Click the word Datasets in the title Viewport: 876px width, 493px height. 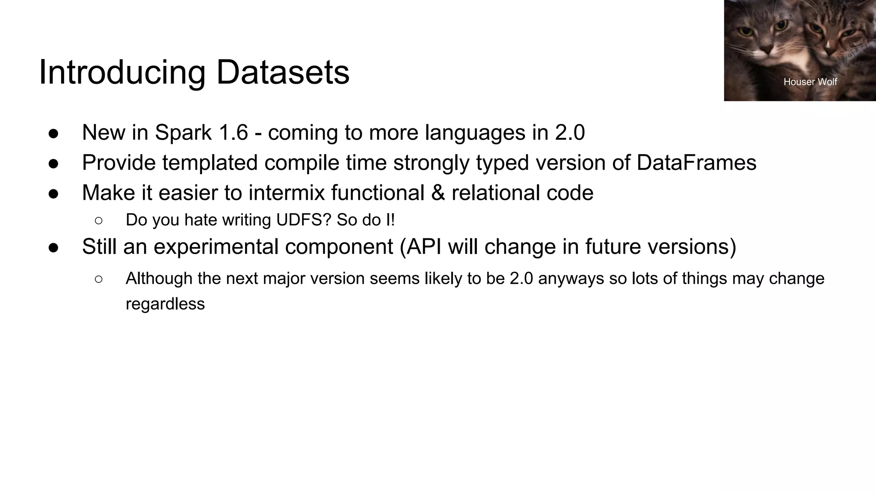click(283, 72)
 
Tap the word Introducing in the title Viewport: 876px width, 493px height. click(122, 72)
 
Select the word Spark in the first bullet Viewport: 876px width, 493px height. click(183, 132)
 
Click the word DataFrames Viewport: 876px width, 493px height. click(696, 163)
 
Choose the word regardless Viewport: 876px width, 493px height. click(165, 304)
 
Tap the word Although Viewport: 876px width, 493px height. click(159, 279)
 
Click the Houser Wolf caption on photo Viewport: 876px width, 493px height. click(810, 82)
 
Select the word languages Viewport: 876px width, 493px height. click(475, 132)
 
